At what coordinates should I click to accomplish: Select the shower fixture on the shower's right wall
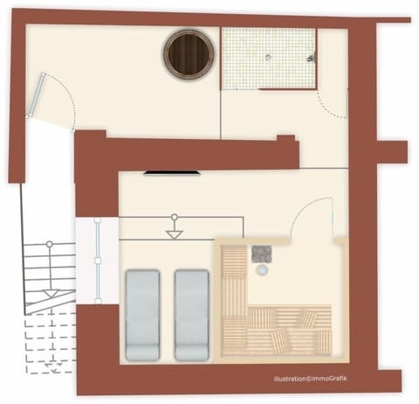point(310,58)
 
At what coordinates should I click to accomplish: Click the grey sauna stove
point(261,254)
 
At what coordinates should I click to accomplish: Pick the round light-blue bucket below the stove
point(261,271)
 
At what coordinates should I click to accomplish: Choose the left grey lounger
point(143,315)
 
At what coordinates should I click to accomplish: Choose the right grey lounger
point(192,315)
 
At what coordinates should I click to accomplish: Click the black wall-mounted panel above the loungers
point(172,173)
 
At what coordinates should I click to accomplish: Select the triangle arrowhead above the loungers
point(175,234)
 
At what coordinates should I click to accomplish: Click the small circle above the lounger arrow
point(175,216)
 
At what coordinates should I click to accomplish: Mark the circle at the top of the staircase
point(50,244)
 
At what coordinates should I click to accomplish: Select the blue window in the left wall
point(98,260)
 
